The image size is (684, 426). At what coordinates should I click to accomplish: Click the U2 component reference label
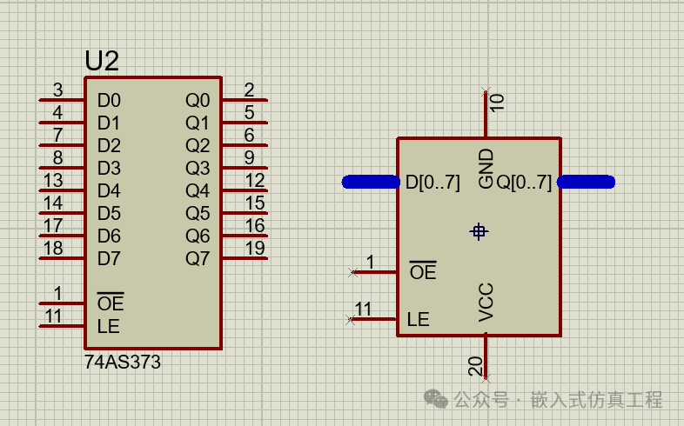[x=102, y=61]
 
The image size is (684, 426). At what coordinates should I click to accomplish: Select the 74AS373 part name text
[x=123, y=362]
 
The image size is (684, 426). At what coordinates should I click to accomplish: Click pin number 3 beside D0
[x=58, y=90]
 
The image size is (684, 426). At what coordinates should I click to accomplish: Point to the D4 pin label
[x=109, y=190]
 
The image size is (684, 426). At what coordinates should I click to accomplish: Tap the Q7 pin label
[x=198, y=259]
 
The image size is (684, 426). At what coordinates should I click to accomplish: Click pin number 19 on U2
[x=255, y=249]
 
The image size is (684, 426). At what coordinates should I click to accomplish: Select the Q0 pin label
[x=198, y=101]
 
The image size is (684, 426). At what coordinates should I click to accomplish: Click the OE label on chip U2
[x=111, y=303]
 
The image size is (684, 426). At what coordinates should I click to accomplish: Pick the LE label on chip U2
[x=108, y=326]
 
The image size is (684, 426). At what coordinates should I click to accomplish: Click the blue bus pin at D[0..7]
[x=371, y=182]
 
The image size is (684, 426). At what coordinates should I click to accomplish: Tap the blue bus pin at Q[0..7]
[x=587, y=182]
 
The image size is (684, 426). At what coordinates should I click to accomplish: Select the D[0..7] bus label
[x=433, y=183]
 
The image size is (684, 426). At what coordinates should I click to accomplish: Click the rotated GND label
[x=486, y=169]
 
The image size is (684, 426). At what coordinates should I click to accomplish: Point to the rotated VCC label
[x=486, y=303]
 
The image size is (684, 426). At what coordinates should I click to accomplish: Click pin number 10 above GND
[x=497, y=103]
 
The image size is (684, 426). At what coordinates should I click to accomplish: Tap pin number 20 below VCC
[x=475, y=366]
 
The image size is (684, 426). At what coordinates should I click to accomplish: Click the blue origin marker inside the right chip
[x=479, y=231]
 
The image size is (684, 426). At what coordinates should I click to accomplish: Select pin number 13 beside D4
[x=53, y=180]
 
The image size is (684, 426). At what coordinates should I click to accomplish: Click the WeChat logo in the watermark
[x=436, y=398]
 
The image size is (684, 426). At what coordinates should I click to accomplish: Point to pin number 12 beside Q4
[x=255, y=180]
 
